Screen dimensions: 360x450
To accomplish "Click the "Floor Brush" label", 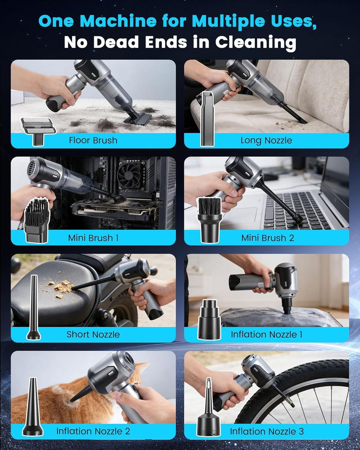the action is tap(93, 140).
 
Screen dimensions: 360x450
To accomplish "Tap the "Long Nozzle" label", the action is tap(266, 140).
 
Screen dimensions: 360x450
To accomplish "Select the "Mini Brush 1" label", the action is tap(93, 238).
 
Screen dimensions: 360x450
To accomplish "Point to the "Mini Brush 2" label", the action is tap(268, 238).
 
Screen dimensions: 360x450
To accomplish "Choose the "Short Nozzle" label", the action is tap(93, 334).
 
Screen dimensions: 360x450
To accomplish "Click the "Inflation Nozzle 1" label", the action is tap(266, 334).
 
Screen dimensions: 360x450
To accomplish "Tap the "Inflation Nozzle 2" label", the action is tap(93, 431).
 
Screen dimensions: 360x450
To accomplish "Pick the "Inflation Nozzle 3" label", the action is tap(267, 431).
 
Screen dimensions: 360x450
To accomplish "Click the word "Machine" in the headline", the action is tap(118, 21).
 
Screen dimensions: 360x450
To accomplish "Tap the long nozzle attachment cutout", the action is tap(207, 118).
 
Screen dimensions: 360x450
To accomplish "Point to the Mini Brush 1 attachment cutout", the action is tap(37, 221).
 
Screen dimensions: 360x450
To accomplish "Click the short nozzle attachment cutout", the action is tap(33, 307).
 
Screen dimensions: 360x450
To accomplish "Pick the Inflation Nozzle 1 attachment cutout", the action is tap(209, 319).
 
